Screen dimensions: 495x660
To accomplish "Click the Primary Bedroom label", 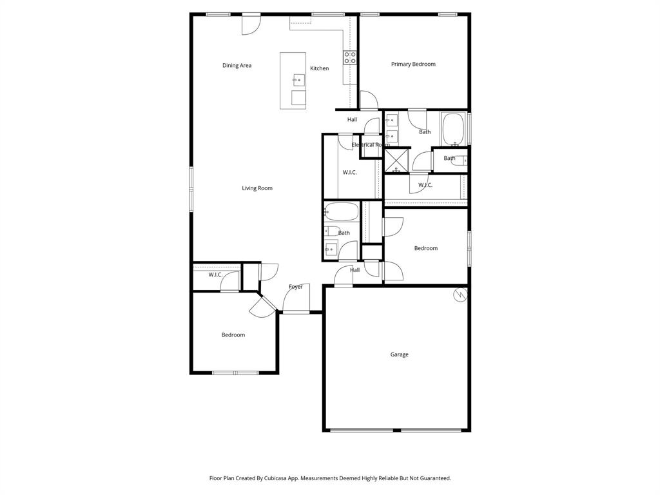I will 413,64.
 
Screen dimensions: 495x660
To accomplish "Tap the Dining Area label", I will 237,66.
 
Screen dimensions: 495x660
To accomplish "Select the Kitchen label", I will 319,69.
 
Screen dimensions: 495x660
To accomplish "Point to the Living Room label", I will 257,189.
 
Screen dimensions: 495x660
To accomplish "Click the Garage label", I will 399,354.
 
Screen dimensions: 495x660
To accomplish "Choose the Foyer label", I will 295,287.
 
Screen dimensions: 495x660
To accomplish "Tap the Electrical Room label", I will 370,145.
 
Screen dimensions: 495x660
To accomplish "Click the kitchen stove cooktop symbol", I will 350,58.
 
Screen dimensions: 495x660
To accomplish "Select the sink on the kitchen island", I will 298,80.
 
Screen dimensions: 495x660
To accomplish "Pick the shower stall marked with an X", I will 396,160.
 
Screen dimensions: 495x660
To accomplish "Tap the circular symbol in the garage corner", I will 460,295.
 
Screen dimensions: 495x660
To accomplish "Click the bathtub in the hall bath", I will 342,211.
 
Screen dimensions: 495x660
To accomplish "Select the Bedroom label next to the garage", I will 425,248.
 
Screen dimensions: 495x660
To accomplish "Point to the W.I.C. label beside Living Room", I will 349,172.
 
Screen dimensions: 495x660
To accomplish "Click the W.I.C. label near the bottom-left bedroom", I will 215,275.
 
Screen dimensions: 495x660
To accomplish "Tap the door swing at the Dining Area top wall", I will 251,25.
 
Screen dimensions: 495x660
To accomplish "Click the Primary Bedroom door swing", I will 368,101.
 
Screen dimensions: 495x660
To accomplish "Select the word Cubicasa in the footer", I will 278,478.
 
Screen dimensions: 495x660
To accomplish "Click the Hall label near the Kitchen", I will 352,120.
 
